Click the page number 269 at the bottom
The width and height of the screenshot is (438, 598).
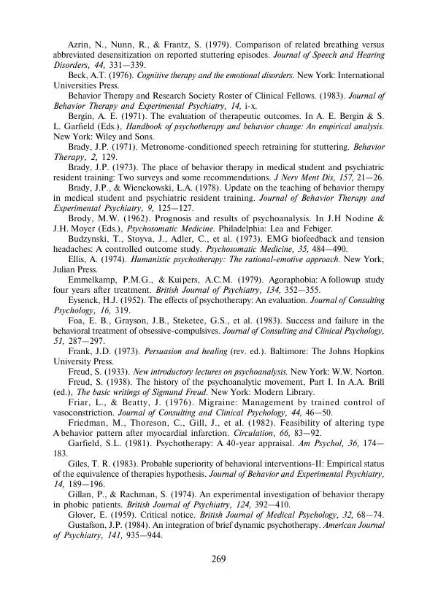click(219, 559)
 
